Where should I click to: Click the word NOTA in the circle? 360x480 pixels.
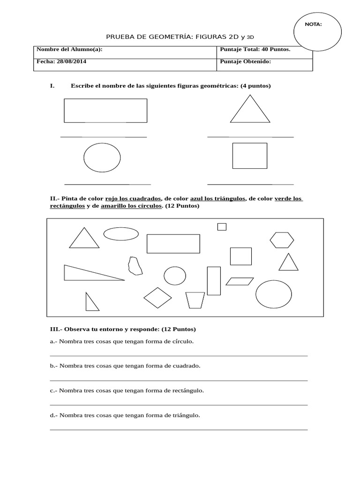coord(313,25)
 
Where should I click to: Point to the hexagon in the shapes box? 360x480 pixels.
coord(282,240)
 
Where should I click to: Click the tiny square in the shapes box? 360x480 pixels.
coord(222,227)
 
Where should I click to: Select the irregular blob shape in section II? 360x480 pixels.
coord(135,265)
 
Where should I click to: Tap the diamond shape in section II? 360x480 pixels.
coord(157,298)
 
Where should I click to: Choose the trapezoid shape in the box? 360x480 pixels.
coord(195,300)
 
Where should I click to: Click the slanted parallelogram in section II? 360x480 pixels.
coord(240,281)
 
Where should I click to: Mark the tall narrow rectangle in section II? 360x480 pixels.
coord(214,280)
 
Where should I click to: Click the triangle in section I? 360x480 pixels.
coord(250,111)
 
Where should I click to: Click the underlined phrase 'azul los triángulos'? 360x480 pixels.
coord(217,199)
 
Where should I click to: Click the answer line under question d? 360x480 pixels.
coord(179,429)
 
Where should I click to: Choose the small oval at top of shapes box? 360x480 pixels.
coord(121,233)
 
